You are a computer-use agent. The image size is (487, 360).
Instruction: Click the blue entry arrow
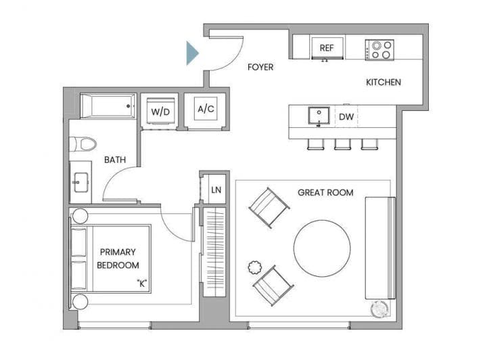[191, 53]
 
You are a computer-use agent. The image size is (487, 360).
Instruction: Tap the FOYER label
[260, 67]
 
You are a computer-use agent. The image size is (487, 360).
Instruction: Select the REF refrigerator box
[327, 47]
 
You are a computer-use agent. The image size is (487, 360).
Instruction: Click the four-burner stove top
[379, 49]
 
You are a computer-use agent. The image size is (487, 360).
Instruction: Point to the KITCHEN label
[384, 83]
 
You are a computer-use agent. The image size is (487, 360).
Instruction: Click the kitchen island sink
[319, 116]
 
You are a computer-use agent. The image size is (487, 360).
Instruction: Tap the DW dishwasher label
[346, 117]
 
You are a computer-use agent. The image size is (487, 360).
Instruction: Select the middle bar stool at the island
[342, 144]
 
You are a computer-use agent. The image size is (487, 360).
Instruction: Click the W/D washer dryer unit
[160, 110]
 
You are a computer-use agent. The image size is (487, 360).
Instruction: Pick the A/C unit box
[206, 108]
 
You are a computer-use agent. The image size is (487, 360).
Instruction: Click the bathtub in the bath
[108, 106]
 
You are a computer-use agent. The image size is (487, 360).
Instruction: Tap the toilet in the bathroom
[83, 144]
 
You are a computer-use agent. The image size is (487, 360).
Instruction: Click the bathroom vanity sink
[80, 182]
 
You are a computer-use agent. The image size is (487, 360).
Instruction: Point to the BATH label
[115, 160]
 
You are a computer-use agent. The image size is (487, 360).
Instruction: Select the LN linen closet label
[216, 189]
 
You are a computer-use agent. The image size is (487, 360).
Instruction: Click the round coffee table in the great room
[322, 248]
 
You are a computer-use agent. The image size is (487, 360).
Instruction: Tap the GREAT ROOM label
[325, 193]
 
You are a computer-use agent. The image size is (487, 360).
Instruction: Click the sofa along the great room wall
[380, 248]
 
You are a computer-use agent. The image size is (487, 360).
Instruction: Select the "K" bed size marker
[141, 284]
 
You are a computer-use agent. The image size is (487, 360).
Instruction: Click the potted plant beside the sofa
[379, 309]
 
